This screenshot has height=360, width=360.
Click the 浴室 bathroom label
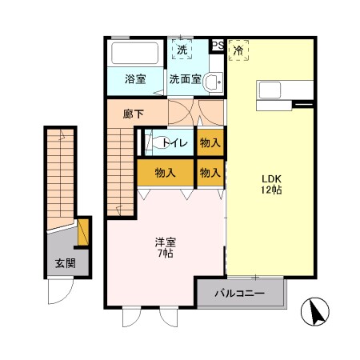pos(135,79)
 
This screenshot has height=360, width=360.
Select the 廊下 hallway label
pos(134,114)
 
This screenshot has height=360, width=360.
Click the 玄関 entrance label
pos(65,262)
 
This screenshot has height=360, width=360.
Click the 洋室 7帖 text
pos(165,247)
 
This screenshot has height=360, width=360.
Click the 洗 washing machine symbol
pos(182,50)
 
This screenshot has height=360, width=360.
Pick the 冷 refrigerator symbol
pos(238,50)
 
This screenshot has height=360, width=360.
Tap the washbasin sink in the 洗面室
pos(213,82)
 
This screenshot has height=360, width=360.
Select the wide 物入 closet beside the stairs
pos(166,172)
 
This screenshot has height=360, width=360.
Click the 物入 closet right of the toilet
pos(210,142)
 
